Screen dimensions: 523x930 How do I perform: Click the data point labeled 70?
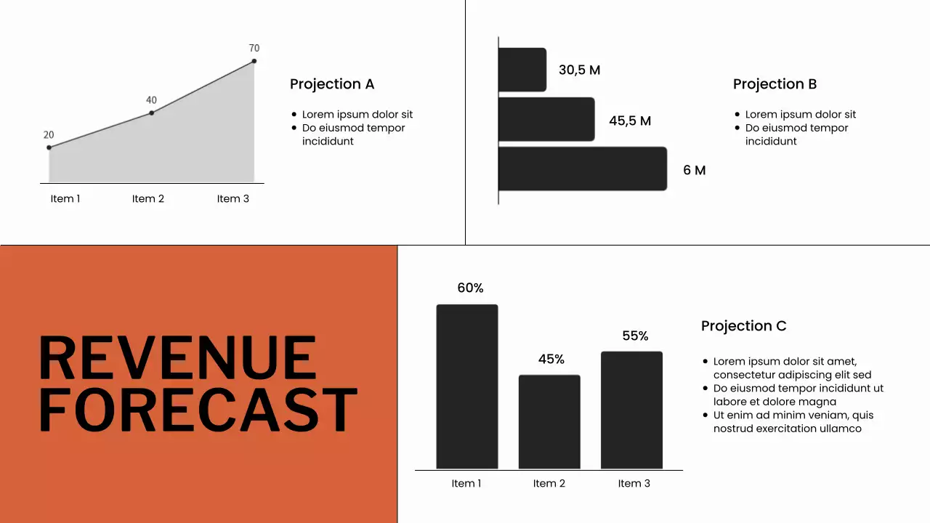click(x=254, y=61)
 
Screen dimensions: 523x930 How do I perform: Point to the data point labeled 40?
click(x=151, y=113)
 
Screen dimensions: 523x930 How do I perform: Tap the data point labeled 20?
click(x=49, y=147)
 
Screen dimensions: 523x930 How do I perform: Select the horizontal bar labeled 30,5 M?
click(x=522, y=70)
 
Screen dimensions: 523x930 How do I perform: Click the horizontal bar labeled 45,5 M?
click(x=546, y=119)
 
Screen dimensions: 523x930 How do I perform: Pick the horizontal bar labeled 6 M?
click(x=583, y=169)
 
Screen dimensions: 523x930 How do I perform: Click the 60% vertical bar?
click(x=467, y=386)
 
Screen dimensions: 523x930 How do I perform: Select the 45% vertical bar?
click(x=549, y=421)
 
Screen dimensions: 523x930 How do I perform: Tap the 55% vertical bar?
click(x=631, y=410)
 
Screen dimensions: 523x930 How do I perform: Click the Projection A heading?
click(x=332, y=84)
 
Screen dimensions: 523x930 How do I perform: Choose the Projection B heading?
click(x=775, y=84)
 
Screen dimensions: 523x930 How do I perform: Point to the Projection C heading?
click(x=743, y=326)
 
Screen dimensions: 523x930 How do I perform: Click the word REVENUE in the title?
click(x=177, y=357)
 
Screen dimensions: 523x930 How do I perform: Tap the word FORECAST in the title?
click(x=198, y=409)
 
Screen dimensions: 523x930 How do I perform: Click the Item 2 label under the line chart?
click(x=148, y=199)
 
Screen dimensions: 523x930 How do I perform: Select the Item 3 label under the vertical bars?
click(x=634, y=484)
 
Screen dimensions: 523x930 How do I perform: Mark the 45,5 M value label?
click(x=630, y=121)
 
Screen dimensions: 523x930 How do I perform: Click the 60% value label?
click(x=470, y=288)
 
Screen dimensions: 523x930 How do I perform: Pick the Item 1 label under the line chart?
click(x=65, y=199)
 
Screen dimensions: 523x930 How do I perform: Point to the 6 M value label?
click(x=695, y=170)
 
